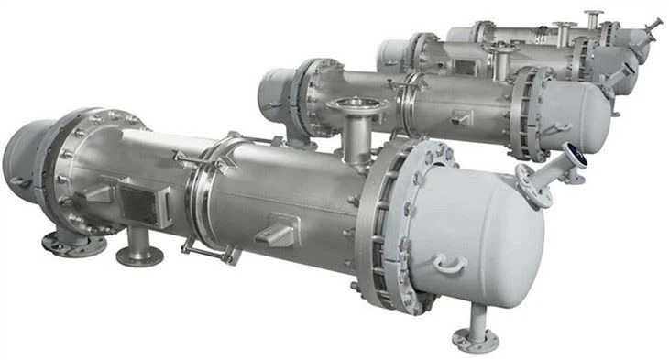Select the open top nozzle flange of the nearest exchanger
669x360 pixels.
[356, 108]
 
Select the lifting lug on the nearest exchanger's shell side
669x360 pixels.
[276, 233]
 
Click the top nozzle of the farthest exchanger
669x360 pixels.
[594, 16]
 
